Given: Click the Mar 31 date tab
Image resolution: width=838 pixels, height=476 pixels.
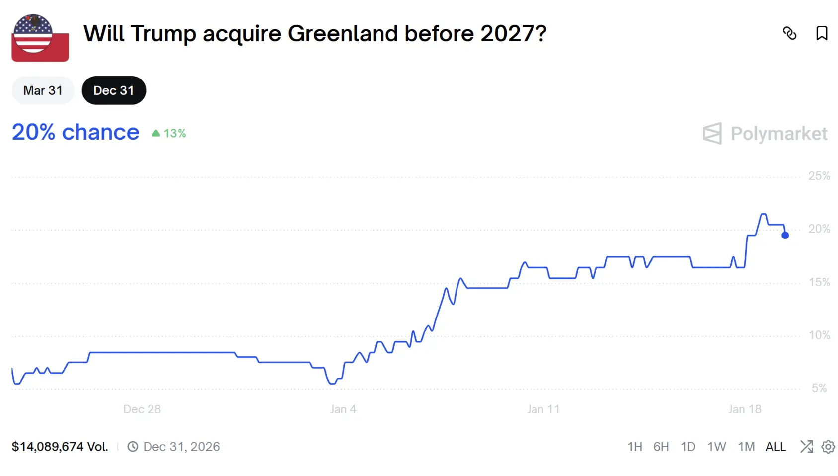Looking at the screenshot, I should point(43,90).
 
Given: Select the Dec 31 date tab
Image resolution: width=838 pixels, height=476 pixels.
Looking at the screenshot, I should point(114,90).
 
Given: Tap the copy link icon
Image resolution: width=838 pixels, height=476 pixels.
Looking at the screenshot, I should point(789,33).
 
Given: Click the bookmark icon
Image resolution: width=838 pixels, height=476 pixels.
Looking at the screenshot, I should point(822,33).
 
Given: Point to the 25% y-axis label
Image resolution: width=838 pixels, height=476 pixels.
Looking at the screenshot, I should point(819,176).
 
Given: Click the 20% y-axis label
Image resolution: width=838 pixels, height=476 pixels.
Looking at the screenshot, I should point(819,229).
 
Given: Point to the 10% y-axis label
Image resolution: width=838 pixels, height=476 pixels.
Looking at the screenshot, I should point(819,335).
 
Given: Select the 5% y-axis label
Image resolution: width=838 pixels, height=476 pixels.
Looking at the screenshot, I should point(819,388).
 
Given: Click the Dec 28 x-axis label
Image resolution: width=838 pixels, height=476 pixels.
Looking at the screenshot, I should point(142,409).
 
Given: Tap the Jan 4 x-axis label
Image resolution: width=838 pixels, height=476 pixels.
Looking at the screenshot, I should point(343,409).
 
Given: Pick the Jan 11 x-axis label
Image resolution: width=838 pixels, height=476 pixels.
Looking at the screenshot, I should point(543,409).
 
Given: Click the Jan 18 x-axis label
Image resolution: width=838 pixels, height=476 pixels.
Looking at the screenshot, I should point(744,409).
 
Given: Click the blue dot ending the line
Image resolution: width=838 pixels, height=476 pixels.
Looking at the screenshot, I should point(785,236).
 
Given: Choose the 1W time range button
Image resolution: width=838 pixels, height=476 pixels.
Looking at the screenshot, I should point(716,447).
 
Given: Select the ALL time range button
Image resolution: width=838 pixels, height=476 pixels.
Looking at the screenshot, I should point(775,447).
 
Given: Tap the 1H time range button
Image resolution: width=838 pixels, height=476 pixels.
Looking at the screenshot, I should point(634,447).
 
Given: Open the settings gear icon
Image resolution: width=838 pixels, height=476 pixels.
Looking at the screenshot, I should point(828,447).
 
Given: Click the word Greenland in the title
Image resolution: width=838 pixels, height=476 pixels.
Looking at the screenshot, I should point(342,34).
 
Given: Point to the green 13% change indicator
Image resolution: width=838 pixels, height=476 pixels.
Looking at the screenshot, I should point(169,133).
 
